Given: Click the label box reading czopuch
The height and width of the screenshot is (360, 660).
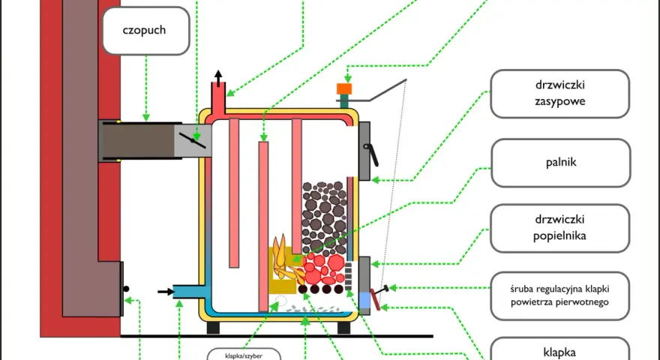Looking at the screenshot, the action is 145,30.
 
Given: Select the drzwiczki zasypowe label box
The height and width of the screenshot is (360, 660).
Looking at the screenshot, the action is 559,94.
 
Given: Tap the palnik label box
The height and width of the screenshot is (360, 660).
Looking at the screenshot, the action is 561,163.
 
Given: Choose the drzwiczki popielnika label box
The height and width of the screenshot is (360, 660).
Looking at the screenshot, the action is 559,228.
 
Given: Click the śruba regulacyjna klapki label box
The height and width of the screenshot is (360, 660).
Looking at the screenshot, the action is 559,295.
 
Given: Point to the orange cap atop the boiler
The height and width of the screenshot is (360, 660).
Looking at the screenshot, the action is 344,88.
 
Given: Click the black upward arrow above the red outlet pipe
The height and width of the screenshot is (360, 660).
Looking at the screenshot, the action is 218,78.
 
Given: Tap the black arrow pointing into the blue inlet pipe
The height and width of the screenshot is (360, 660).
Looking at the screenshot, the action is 166,291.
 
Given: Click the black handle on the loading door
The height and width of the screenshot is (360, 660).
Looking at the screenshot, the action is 371,154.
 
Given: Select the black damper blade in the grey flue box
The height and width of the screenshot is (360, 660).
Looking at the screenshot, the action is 192,140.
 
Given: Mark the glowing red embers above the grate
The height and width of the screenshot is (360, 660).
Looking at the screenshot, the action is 323,268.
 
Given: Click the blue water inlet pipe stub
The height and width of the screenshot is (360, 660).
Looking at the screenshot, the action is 188,291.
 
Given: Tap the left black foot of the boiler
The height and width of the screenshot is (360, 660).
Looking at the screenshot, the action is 213,328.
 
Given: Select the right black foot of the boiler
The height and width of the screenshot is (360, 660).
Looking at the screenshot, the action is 344,328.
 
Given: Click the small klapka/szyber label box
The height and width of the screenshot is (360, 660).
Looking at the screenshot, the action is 244,355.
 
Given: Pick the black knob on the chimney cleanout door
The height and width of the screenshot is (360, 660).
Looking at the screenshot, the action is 126,289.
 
